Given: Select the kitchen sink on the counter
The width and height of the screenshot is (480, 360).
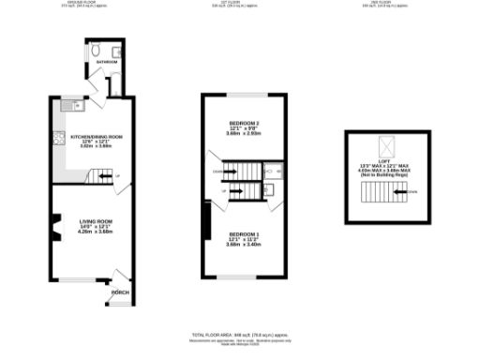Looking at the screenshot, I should (x=67, y=107).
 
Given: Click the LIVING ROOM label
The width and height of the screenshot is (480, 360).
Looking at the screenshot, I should (x=96, y=221).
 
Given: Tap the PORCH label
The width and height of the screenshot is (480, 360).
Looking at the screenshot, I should (x=120, y=292).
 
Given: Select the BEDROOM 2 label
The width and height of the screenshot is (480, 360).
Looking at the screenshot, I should (x=244, y=124).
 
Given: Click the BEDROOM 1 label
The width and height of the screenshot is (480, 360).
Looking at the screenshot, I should (x=244, y=233).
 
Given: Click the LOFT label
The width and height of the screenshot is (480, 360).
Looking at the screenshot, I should (x=386, y=160).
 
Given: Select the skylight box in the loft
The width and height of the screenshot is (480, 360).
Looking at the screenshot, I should (x=385, y=145).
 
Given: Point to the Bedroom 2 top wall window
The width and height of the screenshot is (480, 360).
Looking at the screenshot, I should (x=245, y=96).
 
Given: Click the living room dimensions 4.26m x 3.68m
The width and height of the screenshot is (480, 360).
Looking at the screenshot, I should (x=96, y=232).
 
